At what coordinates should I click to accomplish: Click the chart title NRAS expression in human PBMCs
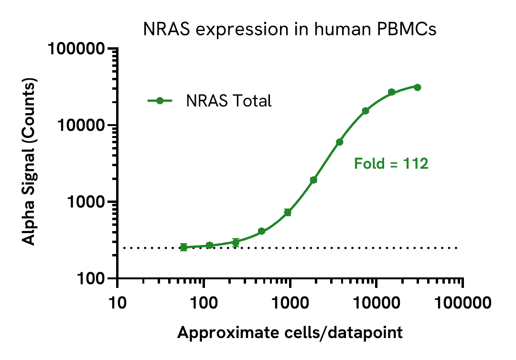coord(290,30)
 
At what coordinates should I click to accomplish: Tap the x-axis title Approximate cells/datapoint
coord(290,332)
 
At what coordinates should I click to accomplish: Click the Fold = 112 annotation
coord(391,164)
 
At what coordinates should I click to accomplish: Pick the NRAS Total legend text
coord(229,101)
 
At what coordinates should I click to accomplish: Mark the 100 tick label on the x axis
coord(204,302)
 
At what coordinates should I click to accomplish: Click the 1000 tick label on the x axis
coord(290,302)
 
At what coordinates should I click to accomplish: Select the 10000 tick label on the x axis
coord(376,302)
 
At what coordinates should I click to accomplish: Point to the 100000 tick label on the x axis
coord(462,302)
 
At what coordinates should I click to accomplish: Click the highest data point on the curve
coord(417,87)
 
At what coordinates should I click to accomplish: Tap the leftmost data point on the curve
coord(183,247)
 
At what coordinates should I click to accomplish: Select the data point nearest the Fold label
coord(340,142)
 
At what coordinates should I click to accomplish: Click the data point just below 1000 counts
coord(288,212)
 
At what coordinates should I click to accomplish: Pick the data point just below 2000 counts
coord(313,180)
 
